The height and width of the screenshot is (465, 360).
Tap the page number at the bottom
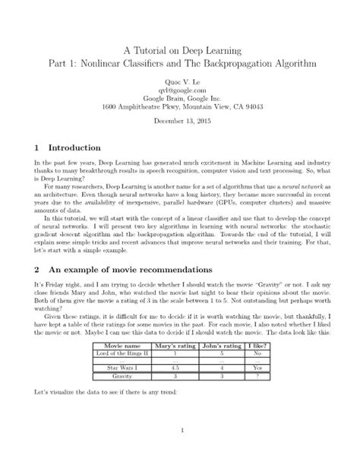[180, 431]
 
